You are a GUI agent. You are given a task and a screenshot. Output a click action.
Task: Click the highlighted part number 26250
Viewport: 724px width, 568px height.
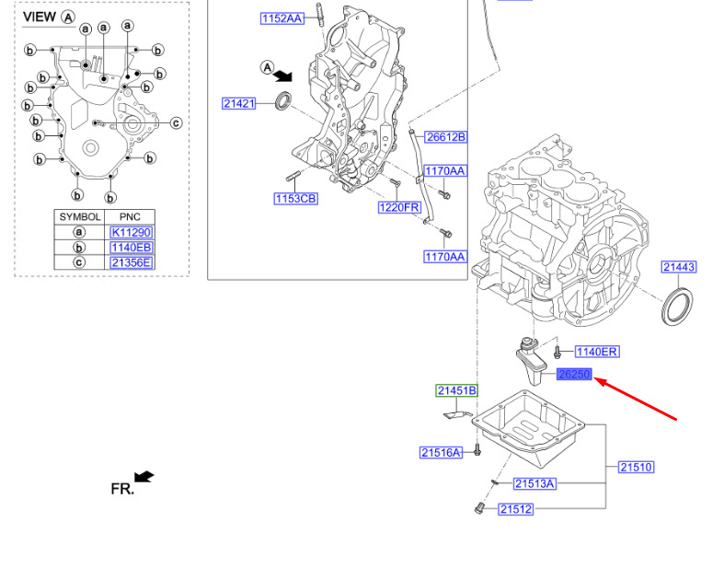[574, 374]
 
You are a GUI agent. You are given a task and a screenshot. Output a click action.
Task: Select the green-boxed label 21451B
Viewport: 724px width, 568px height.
[456, 390]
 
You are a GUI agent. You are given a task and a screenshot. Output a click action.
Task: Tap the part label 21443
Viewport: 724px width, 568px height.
[679, 267]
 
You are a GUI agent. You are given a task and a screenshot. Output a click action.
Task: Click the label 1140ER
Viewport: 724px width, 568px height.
[596, 352]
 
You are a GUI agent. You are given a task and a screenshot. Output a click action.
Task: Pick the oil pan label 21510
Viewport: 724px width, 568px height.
[637, 468]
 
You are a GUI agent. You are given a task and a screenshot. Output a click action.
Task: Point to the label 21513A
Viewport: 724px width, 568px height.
[534, 483]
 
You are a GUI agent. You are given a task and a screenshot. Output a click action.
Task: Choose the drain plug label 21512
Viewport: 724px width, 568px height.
[516, 509]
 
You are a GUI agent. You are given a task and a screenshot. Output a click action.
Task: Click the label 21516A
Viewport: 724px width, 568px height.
[441, 452]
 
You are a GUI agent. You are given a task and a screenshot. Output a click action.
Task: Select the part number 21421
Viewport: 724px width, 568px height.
[238, 103]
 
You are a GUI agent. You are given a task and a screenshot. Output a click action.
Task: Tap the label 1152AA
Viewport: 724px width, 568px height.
[282, 18]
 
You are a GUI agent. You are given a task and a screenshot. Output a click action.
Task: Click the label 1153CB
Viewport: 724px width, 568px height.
[295, 199]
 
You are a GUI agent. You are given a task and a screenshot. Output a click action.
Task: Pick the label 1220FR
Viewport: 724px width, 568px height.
[399, 207]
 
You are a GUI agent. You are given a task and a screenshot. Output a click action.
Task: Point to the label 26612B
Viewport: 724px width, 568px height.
[445, 137]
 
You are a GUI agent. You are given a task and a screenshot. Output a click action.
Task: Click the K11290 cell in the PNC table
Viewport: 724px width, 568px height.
[132, 232]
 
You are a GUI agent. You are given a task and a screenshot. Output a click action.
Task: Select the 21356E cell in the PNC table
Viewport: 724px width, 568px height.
[132, 262]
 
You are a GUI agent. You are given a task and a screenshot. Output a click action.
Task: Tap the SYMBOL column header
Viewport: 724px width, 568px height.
[80, 216]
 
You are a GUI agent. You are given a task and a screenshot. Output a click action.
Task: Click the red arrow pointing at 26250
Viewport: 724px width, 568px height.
[635, 399]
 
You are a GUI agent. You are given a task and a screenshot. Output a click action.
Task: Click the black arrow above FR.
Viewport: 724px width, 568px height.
[144, 477]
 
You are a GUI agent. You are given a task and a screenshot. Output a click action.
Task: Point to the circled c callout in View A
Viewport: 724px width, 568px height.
[176, 123]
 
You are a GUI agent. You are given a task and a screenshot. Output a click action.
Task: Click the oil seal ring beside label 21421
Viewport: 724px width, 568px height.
[283, 101]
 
